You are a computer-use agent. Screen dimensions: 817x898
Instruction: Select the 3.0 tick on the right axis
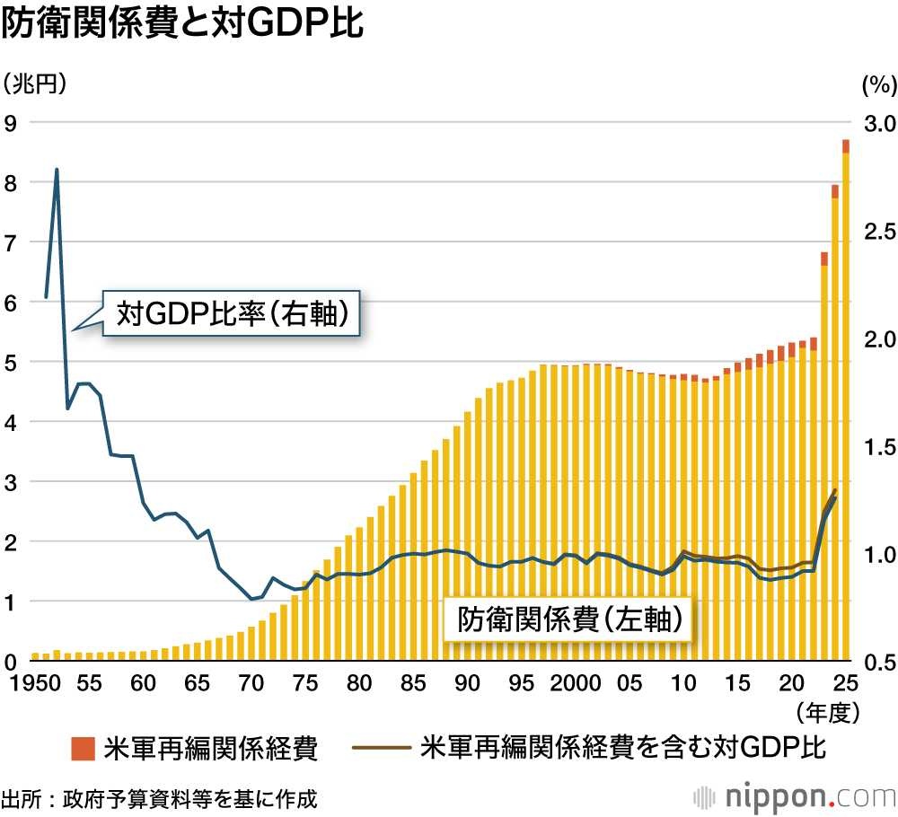[878, 122]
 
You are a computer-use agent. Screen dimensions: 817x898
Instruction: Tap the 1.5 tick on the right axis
[878, 446]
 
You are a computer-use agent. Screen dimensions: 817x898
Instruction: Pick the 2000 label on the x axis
[575, 683]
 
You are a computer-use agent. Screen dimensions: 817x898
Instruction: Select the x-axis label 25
[845, 683]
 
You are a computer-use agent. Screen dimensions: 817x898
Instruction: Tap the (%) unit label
[878, 85]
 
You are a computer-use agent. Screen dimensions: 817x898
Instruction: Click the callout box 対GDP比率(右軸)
[233, 314]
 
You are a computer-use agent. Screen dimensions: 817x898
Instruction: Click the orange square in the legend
[83, 747]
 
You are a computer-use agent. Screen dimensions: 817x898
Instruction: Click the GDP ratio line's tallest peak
[57, 169]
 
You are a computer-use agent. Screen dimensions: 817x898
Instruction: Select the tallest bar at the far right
[846, 404]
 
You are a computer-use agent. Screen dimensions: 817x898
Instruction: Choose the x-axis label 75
[305, 683]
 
